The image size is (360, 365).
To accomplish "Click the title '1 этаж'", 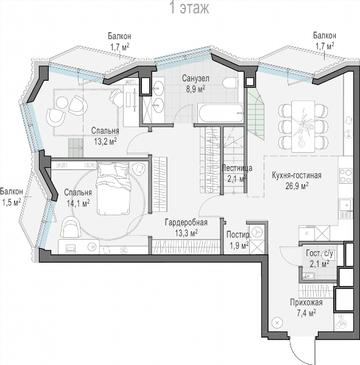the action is point(190,7).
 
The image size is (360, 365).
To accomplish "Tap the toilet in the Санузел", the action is point(230,83).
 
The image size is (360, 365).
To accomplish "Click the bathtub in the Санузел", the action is point(221,113).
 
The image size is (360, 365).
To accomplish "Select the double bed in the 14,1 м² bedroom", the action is point(113,189).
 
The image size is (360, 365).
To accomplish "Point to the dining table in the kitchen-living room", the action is point(303,127).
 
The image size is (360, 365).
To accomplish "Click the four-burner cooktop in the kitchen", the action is point(346,176).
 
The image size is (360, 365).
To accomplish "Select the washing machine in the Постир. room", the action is point(256,232).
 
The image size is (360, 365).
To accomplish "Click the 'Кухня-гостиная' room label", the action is point(297,175).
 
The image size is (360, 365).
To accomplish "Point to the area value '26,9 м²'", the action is point(297,186).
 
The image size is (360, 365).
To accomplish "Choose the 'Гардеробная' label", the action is point(186,223).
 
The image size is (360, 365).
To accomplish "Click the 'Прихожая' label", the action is point(306,302).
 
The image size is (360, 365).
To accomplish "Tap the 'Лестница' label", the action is point(237,168).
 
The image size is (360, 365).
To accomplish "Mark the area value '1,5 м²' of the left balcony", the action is point(11,203).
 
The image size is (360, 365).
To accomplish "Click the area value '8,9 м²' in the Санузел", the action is point(196,89).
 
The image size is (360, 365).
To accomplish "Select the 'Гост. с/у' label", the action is point(319,254).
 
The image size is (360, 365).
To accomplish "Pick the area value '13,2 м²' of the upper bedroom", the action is point(105,141).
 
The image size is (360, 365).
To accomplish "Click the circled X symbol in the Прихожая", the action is point(277,323).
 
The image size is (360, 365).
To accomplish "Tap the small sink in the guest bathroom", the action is point(308,276).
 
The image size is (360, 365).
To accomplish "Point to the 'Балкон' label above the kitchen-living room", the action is point(325,36).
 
